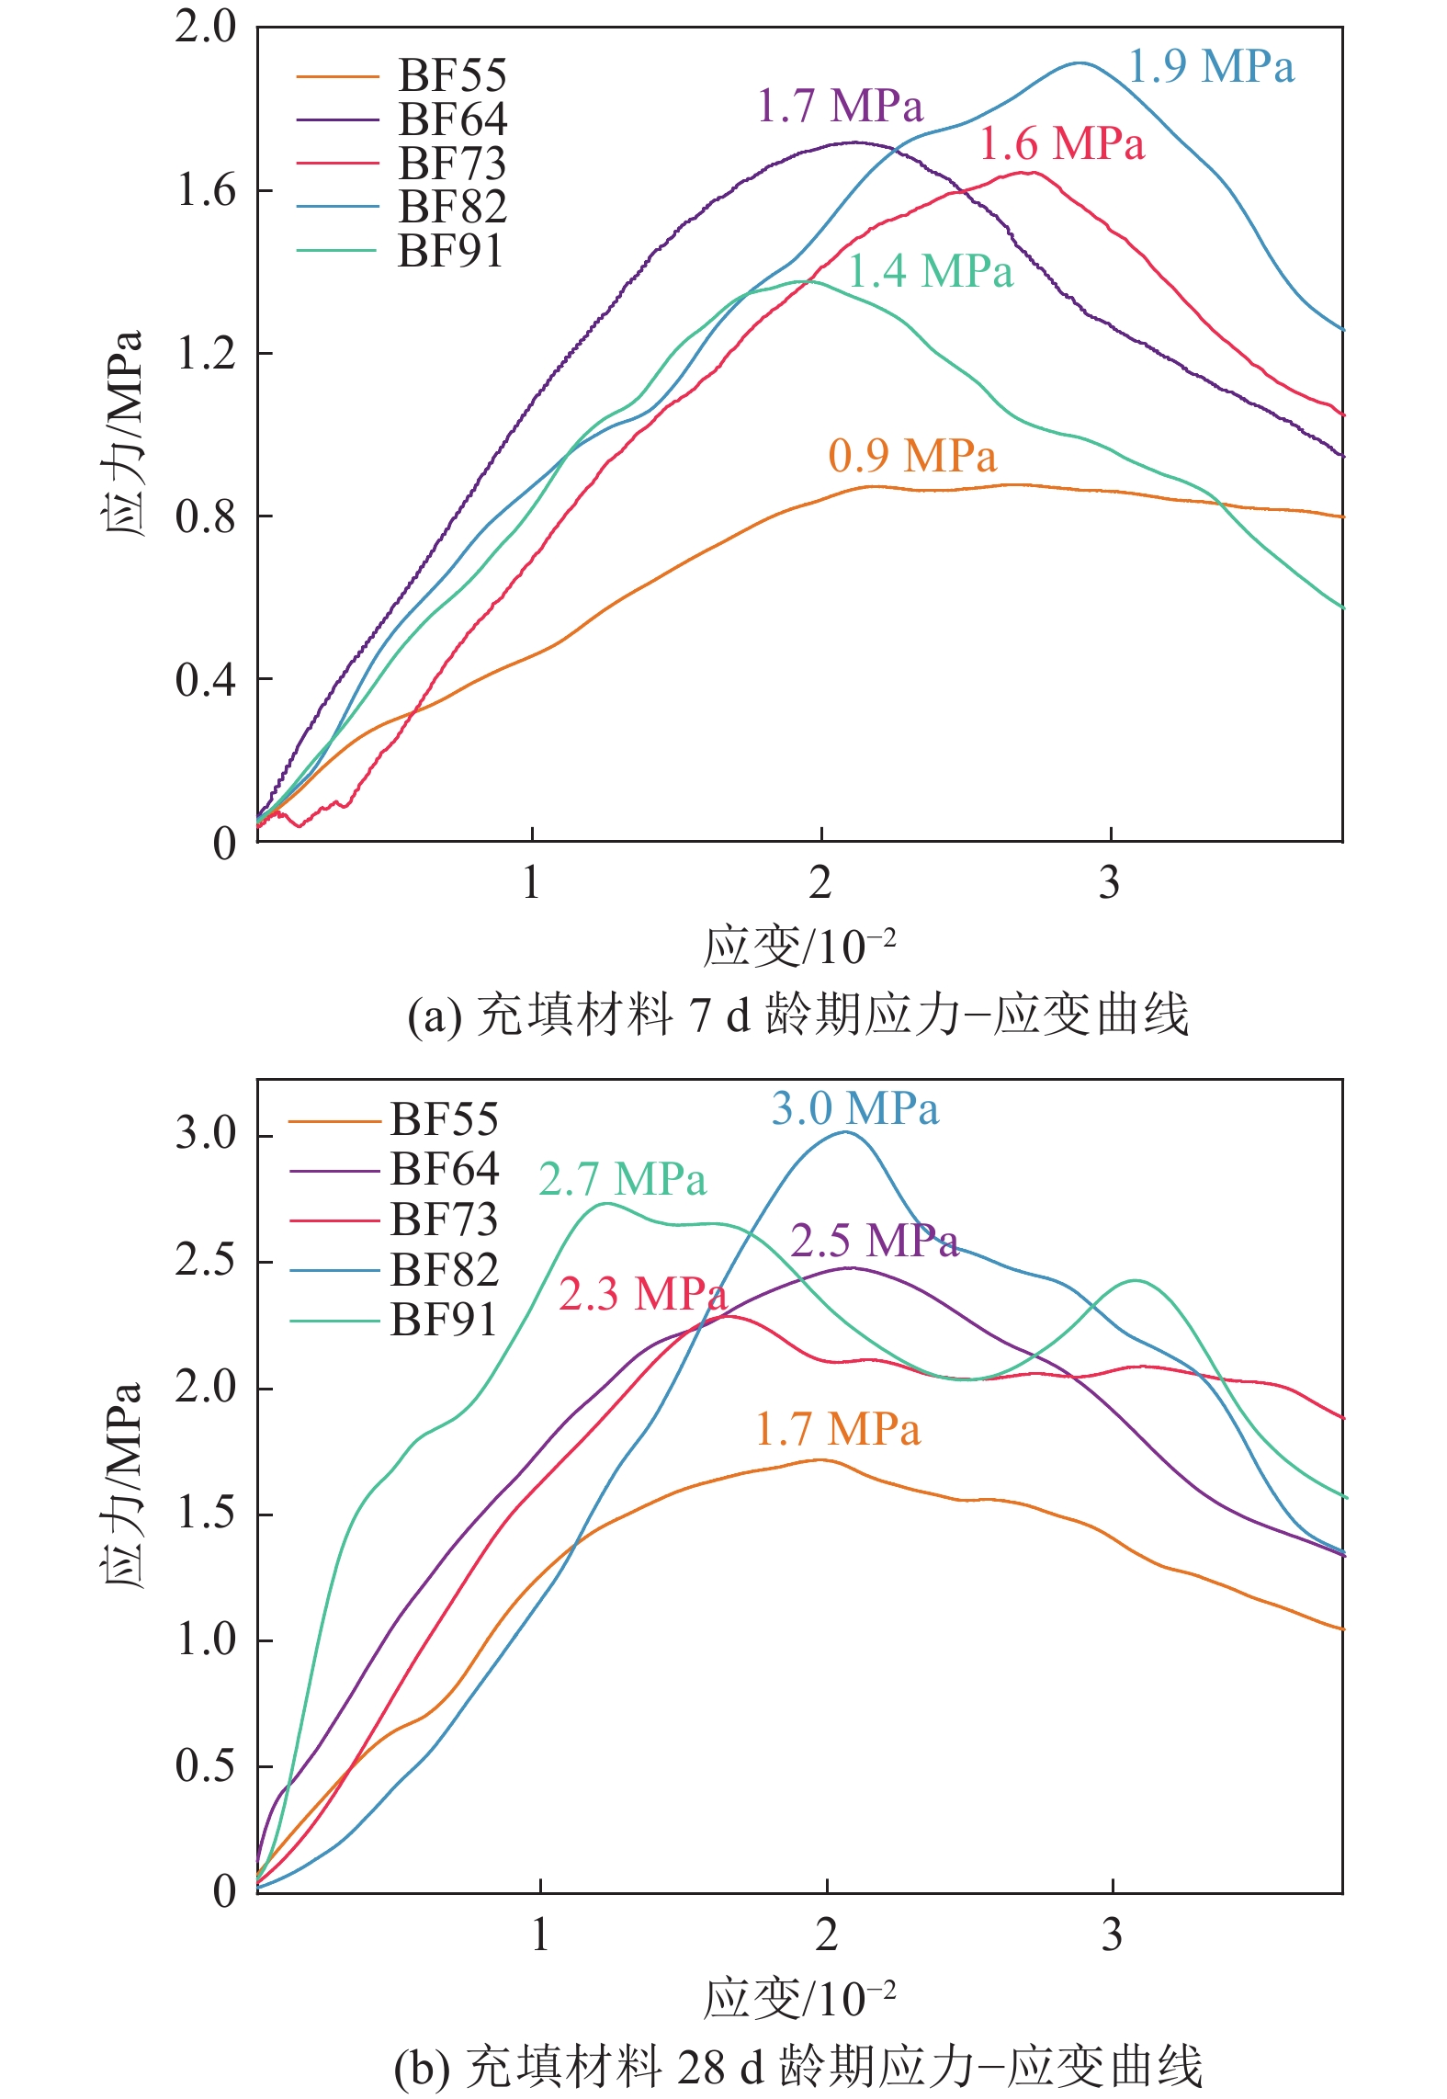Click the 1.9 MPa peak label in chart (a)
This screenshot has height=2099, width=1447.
1210,67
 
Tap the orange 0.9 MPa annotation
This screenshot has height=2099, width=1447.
911,457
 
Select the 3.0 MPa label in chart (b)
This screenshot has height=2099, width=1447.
854,1109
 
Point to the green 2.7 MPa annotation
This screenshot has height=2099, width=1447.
622,1180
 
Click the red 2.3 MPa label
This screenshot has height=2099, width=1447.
642,1295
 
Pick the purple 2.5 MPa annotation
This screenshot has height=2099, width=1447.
874,1242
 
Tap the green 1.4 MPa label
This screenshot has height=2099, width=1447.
930,272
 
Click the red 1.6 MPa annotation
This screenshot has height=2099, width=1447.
1061,144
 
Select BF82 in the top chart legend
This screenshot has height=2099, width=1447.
452,207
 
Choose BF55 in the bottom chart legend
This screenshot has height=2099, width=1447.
444,1120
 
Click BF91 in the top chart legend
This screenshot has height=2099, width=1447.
450,251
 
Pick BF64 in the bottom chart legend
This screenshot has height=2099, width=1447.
444,1170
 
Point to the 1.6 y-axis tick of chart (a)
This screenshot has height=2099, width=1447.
206,191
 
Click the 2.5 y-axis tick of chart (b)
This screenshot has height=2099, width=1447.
206,1261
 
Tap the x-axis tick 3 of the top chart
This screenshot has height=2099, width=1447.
1109,883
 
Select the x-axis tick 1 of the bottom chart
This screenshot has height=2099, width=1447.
540,1936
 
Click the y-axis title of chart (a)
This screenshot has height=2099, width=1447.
122,432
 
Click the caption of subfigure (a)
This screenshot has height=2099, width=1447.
797,1015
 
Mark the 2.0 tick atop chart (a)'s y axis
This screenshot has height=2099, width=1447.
206,28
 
